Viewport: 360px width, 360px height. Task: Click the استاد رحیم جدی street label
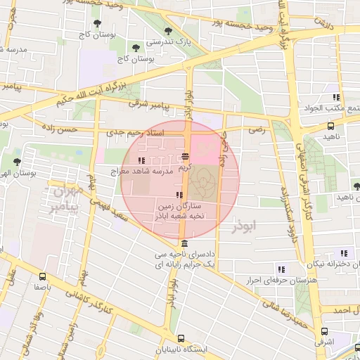pyautogui.click(x=134, y=132)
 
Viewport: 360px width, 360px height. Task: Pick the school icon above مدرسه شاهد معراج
pyautogui.click(x=143, y=160)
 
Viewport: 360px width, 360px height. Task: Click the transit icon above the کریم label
pyautogui.click(x=185, y=157)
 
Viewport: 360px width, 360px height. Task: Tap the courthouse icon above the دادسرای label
pyautogui.click(x=184, y=244)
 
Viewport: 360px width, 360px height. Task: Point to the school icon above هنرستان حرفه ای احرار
pyautogui.click(x=281, y=269)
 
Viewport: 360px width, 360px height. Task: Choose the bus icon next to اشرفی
pyautogui.click(x=323, y=331)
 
